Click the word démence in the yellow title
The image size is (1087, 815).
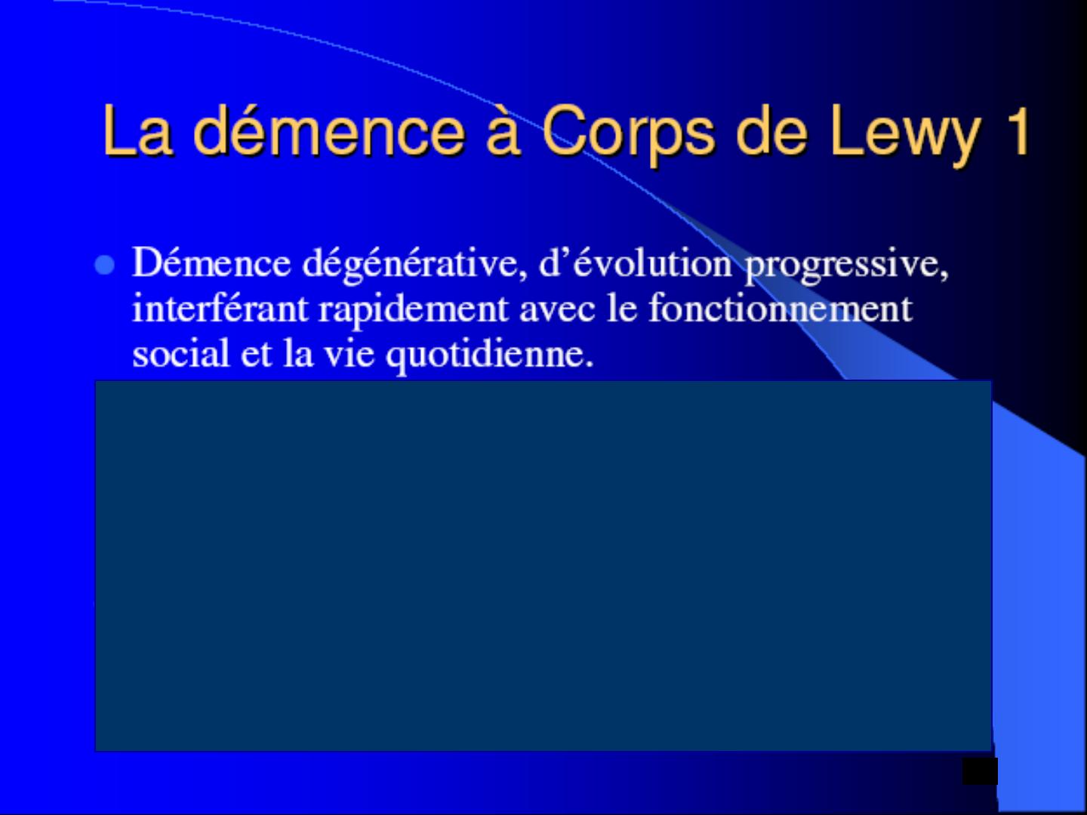[x=328, y=130]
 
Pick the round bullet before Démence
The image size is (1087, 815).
[x=104, y=265]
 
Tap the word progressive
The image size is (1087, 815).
[x=846, y=266]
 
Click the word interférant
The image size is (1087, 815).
[x=220, y=307]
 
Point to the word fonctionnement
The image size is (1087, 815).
[x=781, y=307]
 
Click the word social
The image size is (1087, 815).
[x=180, y=352]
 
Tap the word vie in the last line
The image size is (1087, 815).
[x=349, y=353]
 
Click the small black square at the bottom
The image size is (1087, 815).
[x=980, y=771]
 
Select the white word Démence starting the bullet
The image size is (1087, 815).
[x=211, y=263]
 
